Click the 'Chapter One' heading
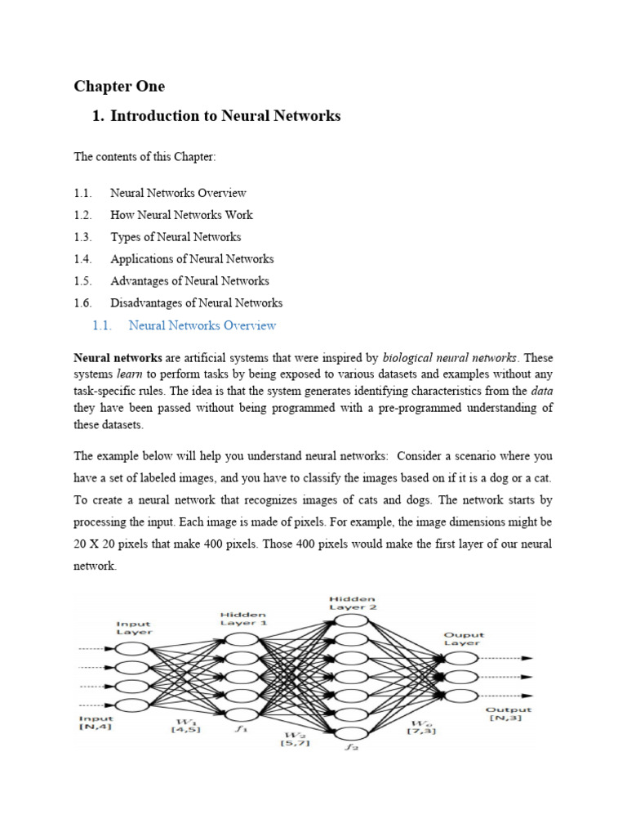[x=119, y=86]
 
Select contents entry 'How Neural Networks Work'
[x=181, y=215]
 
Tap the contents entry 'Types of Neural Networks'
[x=176, y=237]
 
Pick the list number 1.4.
[x=83, y=259]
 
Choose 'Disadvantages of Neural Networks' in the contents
[x=196, y=303]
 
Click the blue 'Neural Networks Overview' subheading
[x=202, y=325]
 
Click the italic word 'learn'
[x=133, y=373]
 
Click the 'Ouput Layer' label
[x=464, y=638]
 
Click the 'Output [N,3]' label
[x=508, y=714]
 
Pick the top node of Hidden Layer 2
[x=352, y=620]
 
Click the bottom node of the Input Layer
[x=133, y=705]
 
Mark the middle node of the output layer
[x=463, y=676]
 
